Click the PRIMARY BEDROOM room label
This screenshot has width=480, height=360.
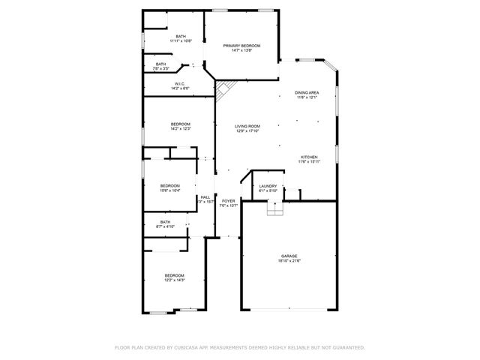coord(241,46)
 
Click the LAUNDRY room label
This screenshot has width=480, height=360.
coord(268,186)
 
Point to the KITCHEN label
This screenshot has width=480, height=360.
coord(308,157)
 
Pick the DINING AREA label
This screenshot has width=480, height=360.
coord(307,92)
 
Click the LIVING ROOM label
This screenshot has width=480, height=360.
coord(247,126)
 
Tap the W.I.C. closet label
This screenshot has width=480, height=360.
coord(181,83)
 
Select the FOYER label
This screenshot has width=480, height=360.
coord(228,200)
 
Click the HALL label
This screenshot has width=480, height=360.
coord(205,197)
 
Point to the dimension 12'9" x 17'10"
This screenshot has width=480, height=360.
coord(247,131)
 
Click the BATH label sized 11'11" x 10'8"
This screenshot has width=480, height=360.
coord(181,36)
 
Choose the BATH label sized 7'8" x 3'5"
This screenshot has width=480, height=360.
coord(160,64)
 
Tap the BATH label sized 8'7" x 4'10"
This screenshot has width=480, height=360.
coord(164,221)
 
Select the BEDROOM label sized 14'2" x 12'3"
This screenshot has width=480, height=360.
coord(180,124)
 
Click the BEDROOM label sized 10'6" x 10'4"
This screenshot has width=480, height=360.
coord(169,185)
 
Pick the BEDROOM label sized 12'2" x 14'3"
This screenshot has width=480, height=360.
coord(174,275)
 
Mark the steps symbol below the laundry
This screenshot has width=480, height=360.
coord(276,211)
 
